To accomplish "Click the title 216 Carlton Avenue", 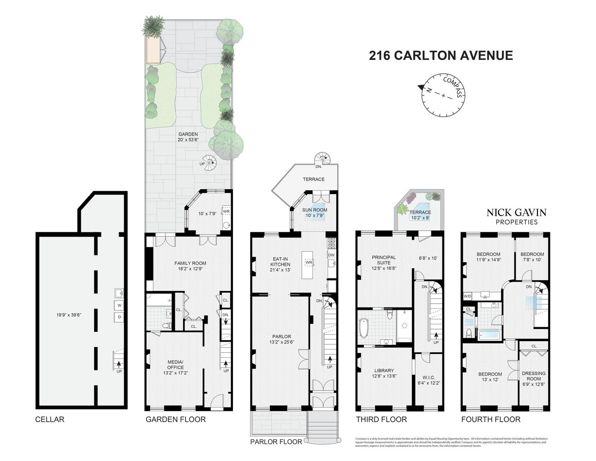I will point(441,56).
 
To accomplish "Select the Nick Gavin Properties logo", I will point(516,216).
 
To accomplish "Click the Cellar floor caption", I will point(50,419).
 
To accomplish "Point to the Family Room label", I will point(190,263).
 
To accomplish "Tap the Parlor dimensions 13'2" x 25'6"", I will point(280,343).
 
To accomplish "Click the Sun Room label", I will point(315,210).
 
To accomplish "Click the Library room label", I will point(384,370).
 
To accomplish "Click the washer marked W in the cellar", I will point(119,305).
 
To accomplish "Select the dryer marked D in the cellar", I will point(119,317).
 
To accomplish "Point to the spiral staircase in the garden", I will point(210,162).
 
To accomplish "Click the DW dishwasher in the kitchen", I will point(331,255).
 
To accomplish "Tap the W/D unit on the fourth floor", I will point(467,296).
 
